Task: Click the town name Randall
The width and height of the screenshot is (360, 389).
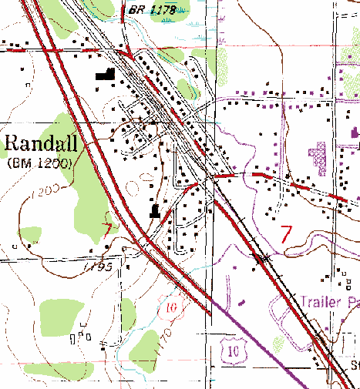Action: (x=40, y=143)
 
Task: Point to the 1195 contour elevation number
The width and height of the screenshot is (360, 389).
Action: (x=99, y=267)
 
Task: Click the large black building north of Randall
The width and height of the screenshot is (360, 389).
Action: (x=104, y=75)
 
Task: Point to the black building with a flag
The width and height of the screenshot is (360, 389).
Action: (x=156, y=211)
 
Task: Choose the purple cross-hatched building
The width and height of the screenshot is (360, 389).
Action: (x=318, y=159)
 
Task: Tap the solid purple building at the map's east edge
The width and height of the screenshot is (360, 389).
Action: (x=355, y=132)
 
